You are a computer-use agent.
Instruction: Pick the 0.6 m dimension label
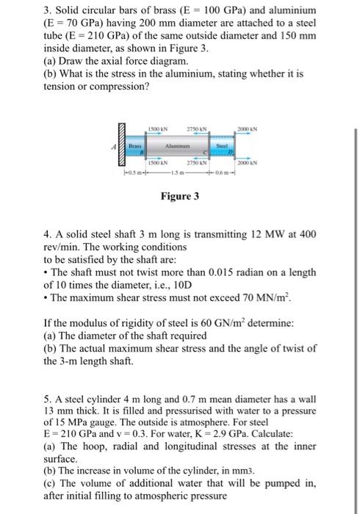223,173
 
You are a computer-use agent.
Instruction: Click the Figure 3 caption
180,196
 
